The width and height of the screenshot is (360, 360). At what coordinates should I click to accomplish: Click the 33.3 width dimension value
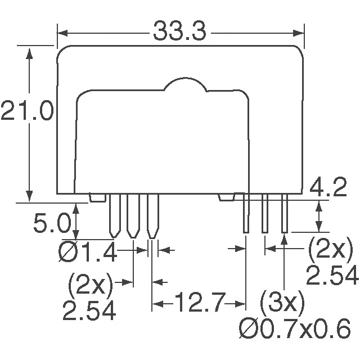(x=179, y=32)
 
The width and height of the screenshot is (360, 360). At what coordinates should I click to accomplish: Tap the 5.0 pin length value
(x=52, y=225)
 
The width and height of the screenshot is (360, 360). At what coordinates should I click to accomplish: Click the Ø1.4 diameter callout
(x=87, y=253)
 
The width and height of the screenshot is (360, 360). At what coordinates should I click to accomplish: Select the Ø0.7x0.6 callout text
(x=295, y=329)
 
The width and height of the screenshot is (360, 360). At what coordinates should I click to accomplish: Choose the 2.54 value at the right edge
(x=332, y=276)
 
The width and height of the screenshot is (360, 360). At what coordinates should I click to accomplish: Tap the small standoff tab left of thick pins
(x=98, y=197)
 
